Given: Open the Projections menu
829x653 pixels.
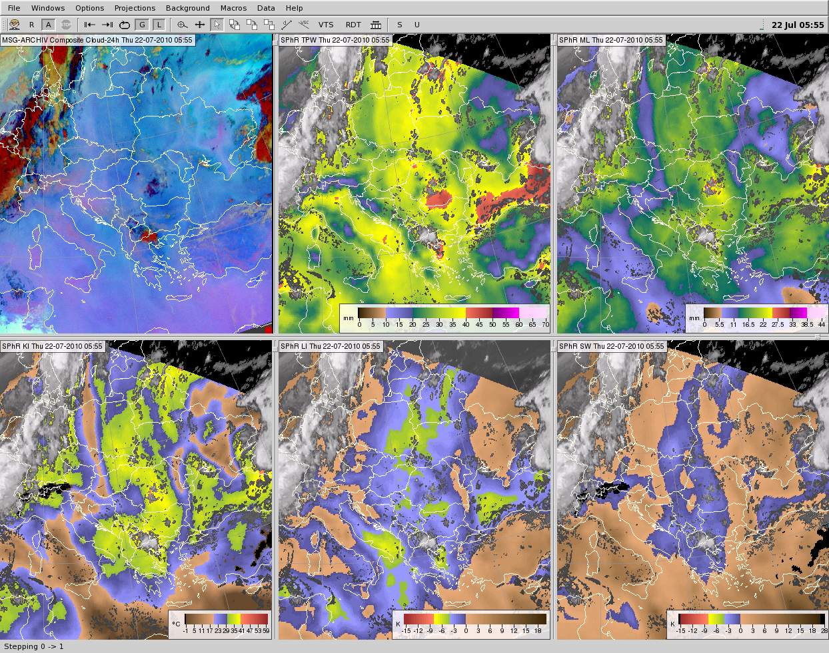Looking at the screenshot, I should pos(135,8).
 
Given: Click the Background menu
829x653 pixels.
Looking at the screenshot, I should pos(187,8).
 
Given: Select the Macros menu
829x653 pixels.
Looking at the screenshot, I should pos(233,8).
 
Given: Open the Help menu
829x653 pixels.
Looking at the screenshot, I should pos(294,8).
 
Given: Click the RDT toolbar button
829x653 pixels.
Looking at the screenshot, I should pos(353,25).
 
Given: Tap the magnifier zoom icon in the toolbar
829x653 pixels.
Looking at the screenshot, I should pos(182,25).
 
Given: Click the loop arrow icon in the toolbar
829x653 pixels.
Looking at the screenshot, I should pos(125,25).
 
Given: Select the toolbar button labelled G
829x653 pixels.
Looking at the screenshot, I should pos(141,25).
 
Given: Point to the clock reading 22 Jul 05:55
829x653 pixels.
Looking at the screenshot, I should pos(797,25).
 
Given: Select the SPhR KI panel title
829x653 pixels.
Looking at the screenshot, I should pos(51,346).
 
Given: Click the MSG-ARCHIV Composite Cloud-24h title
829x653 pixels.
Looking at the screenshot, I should pos(97,40).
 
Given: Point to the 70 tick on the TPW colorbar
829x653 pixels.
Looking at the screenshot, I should pos(546,324).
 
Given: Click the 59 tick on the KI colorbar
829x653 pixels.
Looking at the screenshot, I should pos(266,630).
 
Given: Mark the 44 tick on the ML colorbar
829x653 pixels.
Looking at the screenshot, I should pos(822,324).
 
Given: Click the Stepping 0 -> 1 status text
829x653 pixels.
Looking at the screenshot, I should pos(34,646).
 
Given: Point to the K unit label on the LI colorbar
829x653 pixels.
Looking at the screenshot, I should pos(398,624).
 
